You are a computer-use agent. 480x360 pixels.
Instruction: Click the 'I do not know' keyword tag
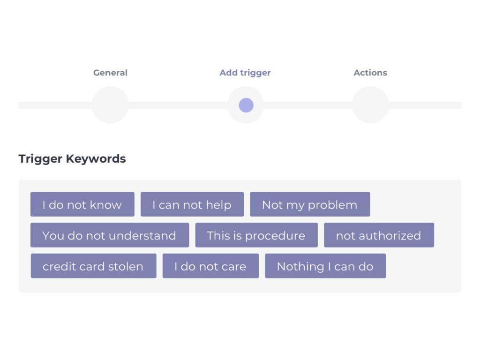point(82,204)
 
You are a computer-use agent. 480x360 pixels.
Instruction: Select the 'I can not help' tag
point(192,204)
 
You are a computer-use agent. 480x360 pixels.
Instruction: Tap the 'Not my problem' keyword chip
point(310,204)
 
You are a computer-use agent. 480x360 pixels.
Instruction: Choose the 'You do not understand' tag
point(110,235)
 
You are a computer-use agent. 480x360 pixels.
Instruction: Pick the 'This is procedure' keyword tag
point(256,235)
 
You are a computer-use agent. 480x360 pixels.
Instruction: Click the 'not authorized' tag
point(379,235)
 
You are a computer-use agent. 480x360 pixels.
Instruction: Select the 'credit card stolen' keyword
point(93,266)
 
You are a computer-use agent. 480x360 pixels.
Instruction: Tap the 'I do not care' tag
point(210,266)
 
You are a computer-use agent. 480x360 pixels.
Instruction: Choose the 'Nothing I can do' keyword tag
point(325,266)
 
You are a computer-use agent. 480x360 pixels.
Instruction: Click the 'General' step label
point(110,73)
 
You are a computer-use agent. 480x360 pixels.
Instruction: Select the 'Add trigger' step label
point(245,73)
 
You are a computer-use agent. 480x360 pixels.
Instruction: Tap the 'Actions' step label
point(370,73)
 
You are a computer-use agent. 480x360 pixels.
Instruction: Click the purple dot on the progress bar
point(246,105)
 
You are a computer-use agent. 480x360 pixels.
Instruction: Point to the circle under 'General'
point(110,105)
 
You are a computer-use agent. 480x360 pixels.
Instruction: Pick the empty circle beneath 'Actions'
point(370,105)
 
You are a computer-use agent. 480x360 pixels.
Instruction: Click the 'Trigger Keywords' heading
point(72,159)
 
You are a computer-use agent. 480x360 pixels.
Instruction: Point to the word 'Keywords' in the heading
point(96,158)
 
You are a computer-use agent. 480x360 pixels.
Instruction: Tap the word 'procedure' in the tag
point(275,236)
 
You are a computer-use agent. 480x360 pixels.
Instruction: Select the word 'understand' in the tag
point(142,235)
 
